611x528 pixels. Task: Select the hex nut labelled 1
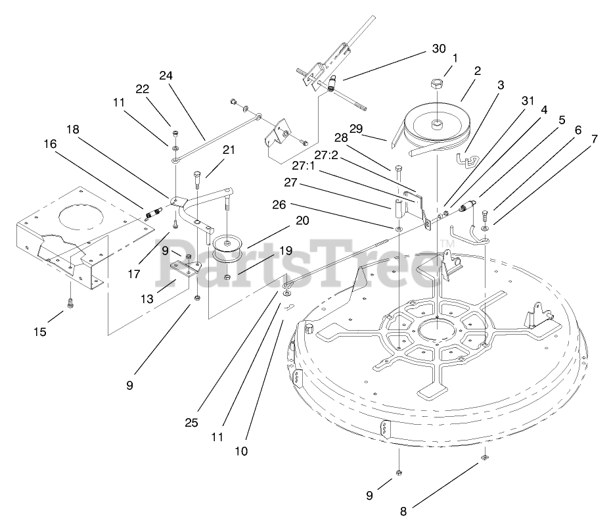(437, 84)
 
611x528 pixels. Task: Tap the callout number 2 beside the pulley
(478, 70)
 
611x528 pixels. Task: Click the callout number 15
(40, 332)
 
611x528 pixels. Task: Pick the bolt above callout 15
(70, 302)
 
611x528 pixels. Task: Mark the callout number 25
(191, 423)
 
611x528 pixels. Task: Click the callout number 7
(595, 139)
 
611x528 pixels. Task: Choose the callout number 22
(143, 89)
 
